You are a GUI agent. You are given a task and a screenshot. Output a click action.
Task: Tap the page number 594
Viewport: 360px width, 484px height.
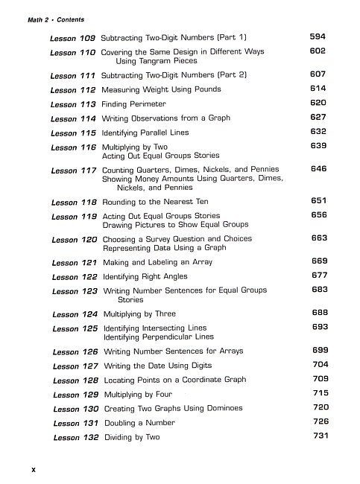click(x=318, y=36)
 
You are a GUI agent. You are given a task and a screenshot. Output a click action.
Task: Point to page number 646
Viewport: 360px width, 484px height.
click(x=319, y=169)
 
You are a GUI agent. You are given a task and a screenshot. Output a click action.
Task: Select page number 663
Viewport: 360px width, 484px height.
click(x=320, y=238)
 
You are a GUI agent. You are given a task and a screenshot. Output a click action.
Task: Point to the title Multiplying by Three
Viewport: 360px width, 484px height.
click(x=140, y=314)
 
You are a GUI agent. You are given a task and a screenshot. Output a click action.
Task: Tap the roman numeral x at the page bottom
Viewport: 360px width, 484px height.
click(x=33, y=469)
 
